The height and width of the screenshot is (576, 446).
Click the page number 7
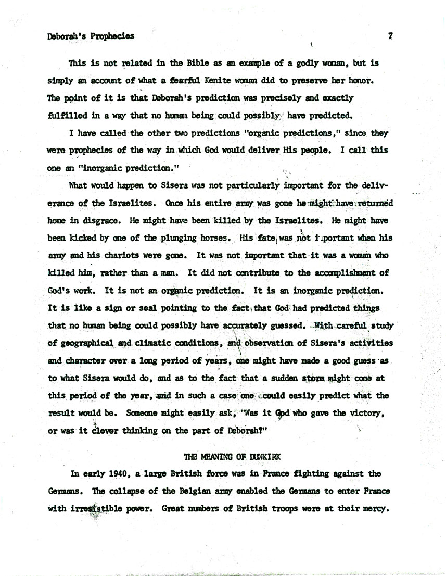(x=389, y=36)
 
